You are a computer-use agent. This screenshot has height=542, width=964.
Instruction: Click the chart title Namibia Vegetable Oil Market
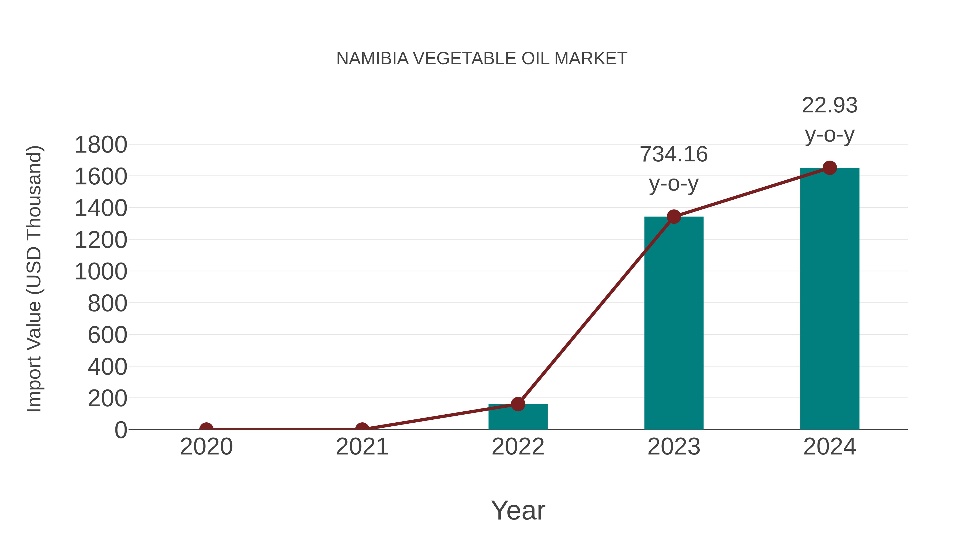(482, 59)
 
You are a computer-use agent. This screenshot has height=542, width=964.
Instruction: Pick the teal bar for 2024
(830, 299)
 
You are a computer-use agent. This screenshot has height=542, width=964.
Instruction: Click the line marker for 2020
(206, 429)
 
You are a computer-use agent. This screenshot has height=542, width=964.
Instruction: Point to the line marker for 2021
(362, 429)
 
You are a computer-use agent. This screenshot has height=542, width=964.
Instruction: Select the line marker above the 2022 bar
(518, 404)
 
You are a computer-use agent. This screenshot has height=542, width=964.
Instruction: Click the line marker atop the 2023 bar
(674, 217)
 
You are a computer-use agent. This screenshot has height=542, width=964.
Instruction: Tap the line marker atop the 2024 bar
(830, 168)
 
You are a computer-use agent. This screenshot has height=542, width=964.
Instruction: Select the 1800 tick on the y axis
(101, 145)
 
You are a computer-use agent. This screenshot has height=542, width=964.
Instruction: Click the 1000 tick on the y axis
(101, 272)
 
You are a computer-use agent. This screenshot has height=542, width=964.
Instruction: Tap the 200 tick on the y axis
(107, 399)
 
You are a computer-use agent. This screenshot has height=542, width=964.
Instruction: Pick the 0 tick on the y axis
(121, 430)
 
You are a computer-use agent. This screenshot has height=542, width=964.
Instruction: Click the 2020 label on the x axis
(206, 447)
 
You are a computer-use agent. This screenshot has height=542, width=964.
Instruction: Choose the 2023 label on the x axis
(674, 447)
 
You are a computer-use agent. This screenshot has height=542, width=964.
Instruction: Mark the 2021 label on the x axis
(362, 447)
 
